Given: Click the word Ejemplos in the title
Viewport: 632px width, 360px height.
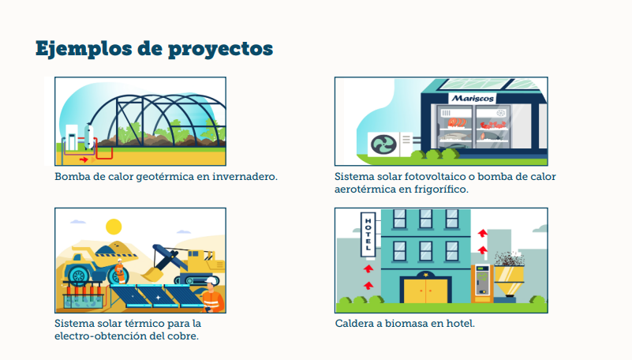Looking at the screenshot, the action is pyautogui.click(x=84, y=49).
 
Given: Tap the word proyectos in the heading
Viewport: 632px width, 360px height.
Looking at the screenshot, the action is pyautogui.click(x=220, y=50).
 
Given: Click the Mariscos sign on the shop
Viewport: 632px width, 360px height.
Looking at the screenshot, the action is pyautogui.click(x=473, y=98).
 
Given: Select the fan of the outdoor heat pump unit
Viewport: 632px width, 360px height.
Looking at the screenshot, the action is pyautogui.click(x=383, y=144).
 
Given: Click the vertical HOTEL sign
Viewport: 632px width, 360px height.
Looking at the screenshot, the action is pyautogui.click(x=368, y=234).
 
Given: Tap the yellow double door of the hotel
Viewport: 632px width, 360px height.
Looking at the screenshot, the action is pyautogui.click(x=425, y=291).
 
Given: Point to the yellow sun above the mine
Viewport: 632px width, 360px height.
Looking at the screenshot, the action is pyautogui.click(x=114, y=227).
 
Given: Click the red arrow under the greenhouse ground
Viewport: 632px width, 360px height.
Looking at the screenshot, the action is pyautogui.click(x=84, y=159).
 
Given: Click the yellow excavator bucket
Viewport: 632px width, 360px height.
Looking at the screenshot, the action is pyautogui.click(x=152, y=274).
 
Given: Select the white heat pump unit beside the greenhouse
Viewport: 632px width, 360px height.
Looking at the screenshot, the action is pyautogui.click(x=72, y=137).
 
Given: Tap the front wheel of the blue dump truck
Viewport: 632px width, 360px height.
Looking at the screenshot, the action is pyautogui.click(x=79, y=276).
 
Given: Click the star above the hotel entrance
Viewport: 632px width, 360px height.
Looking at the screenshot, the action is pyautogui.click(x=426, y=275).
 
